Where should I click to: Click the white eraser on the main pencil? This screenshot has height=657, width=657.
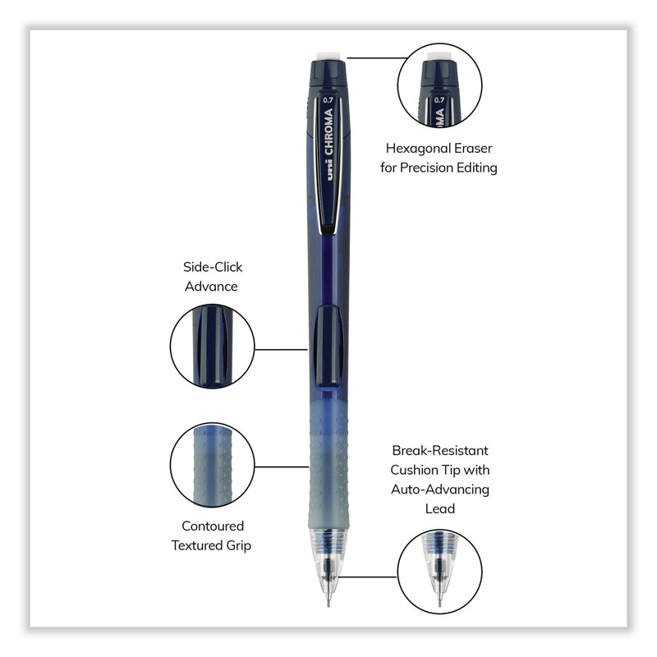329,54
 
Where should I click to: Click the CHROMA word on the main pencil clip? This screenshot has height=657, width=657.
328,135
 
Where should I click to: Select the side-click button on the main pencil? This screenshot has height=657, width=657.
328,345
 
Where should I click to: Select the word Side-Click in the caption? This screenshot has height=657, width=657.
213,267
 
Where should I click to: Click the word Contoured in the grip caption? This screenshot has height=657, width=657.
213,526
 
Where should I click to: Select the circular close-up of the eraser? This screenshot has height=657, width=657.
439,85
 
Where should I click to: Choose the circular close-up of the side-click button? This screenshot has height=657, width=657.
212,346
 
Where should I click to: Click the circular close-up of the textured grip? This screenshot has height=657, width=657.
212,464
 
